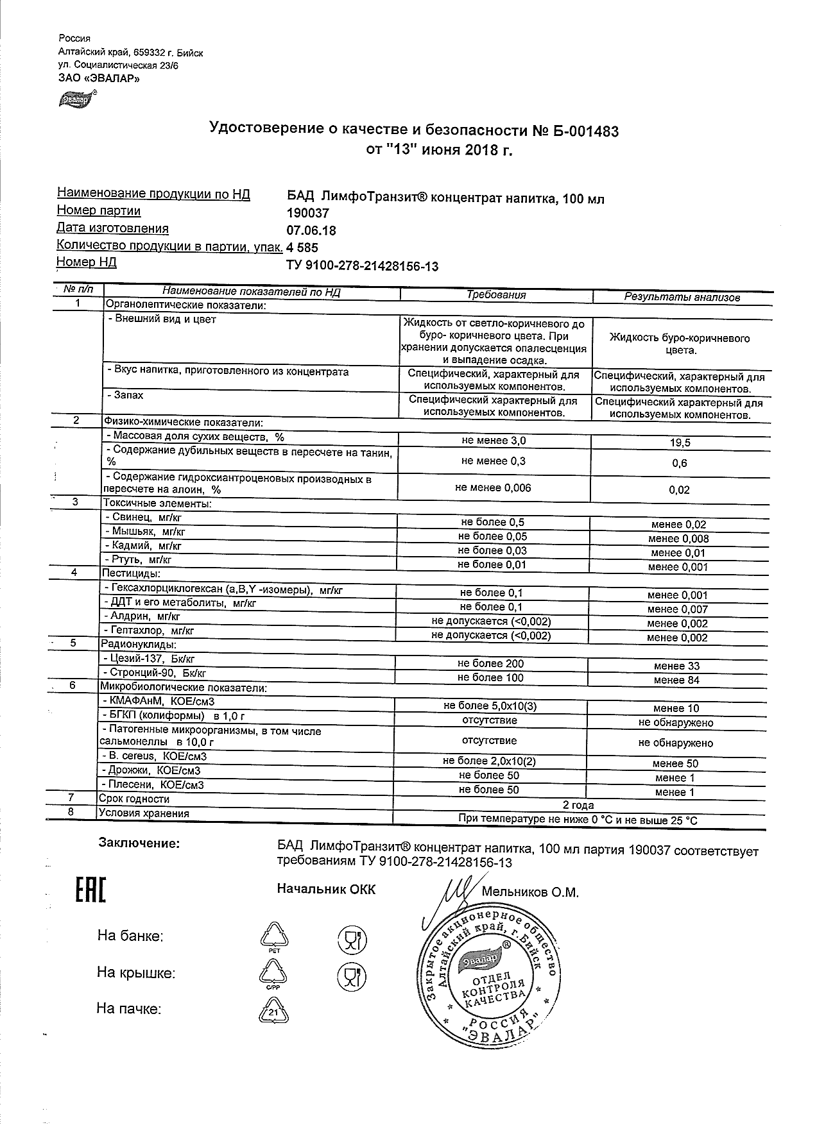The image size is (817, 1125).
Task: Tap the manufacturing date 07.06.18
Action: [x=311, y=231]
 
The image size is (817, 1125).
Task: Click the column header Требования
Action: [x=496, y=295]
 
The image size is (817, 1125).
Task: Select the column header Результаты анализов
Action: [x=682, y=297]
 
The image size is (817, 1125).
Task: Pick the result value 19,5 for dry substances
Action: [x=680, y=443]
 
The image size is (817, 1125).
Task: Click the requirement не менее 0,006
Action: [x=493, y=488]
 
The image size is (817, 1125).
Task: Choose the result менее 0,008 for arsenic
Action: [x=678, y=539]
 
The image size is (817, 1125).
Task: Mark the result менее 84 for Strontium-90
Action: [x=676, y=680]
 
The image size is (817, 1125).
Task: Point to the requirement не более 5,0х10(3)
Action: [x=490, y=706]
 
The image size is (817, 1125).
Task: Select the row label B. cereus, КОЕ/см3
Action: [x=154, y=756]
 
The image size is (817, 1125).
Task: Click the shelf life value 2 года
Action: [x=578, y=805]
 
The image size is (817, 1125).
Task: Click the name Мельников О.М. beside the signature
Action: [x=529, y=892]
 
